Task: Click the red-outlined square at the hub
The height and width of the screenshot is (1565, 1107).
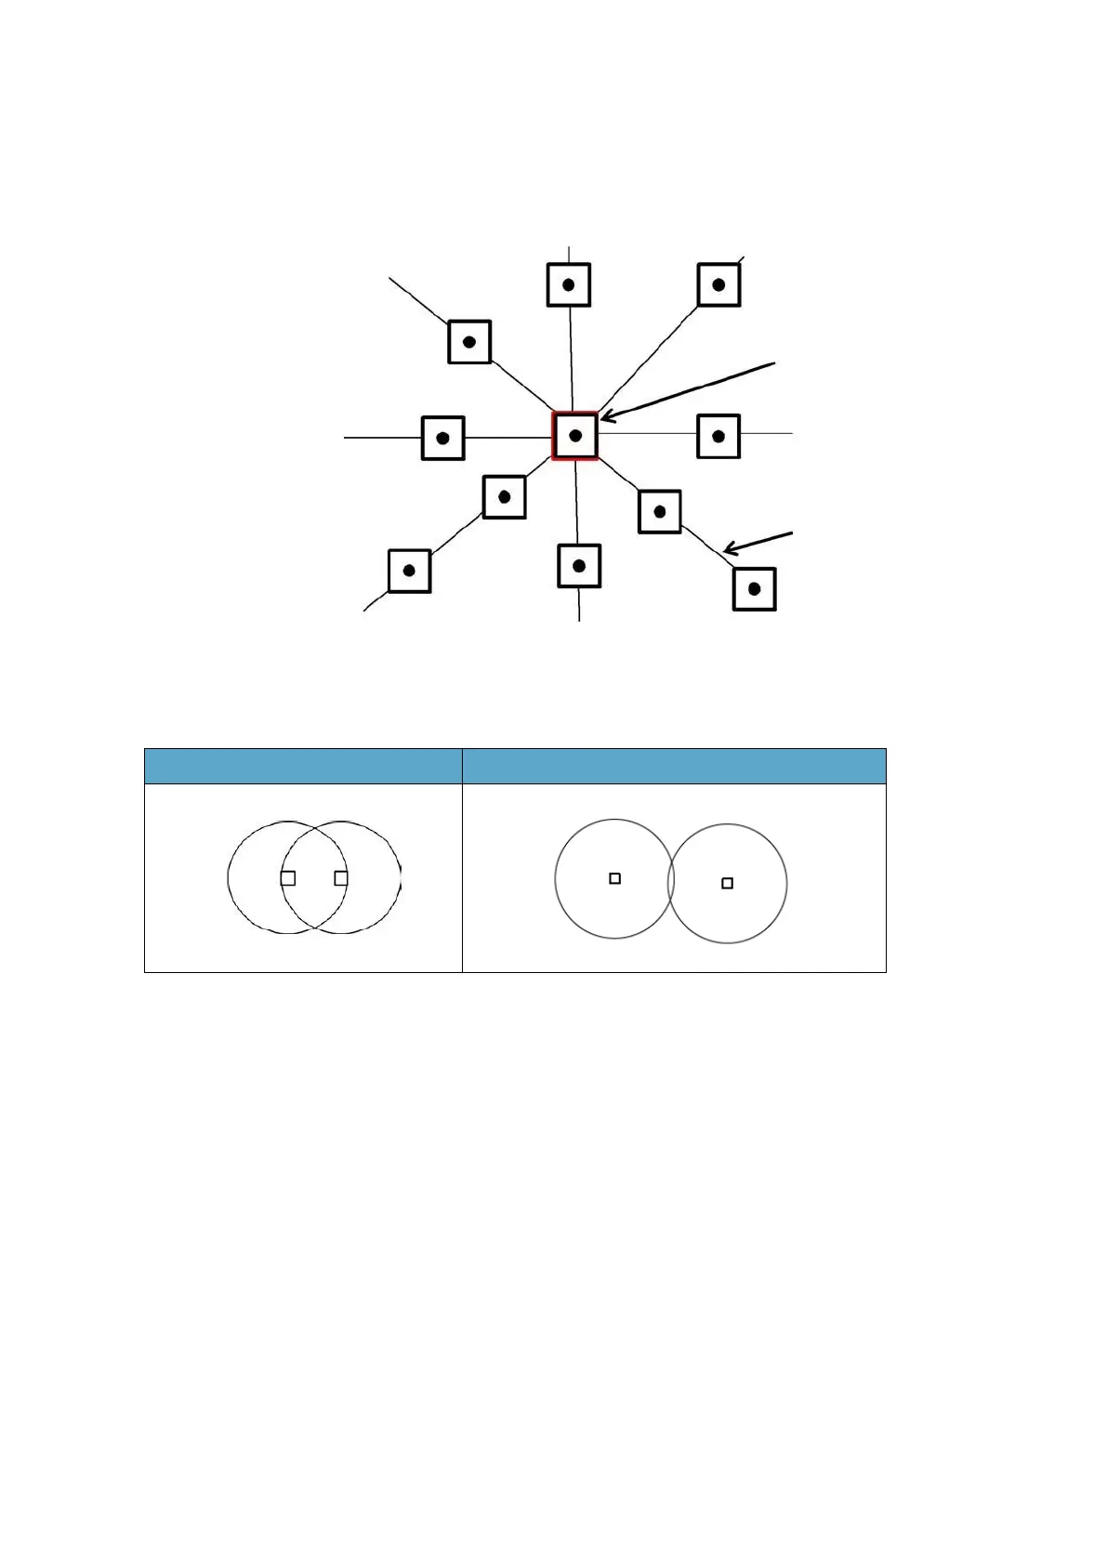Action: [x=574, y=435]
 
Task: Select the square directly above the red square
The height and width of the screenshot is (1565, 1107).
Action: [x=569, y=284]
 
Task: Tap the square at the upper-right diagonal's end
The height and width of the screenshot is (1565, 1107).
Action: [x=718, y=285]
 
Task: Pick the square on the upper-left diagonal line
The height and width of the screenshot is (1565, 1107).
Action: [x=469, y=342]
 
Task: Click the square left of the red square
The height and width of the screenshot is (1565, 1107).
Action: [x=443, y=438]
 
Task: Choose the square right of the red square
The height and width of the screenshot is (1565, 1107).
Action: [x=718, y=436]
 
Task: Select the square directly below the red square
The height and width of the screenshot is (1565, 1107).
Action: [x=579, y=565]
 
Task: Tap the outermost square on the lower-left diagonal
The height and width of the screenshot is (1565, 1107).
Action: [x=409, y=570]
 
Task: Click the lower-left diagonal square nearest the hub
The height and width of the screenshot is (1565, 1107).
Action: [x=505, y=496]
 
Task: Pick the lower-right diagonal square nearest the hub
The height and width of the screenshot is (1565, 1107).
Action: [x=660, y=511]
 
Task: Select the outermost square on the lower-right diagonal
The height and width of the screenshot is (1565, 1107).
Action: [x=755, y=588]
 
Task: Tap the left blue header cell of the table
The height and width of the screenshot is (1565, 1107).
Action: [x=303, y=766]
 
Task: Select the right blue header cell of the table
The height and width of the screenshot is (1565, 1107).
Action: [x=674, y=766]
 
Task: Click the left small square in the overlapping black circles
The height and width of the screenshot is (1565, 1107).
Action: [x=288, y=877]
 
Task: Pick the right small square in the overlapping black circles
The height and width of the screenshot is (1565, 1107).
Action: [x=341, y=877]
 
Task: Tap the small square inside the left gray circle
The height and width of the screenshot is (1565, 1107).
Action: [x=614, y=878]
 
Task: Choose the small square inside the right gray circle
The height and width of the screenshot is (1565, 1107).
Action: [x=728, y=883]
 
